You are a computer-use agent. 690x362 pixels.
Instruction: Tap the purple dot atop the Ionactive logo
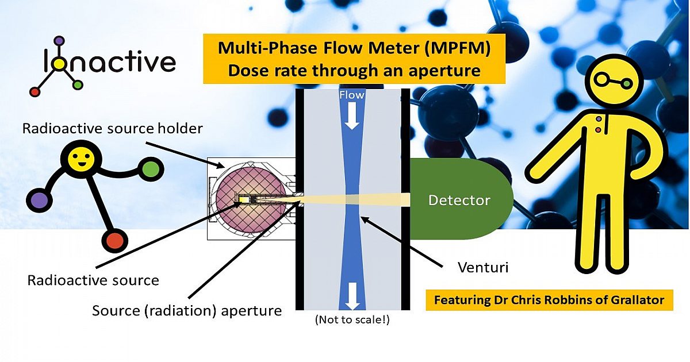59,41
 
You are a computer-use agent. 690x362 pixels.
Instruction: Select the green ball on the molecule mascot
151,170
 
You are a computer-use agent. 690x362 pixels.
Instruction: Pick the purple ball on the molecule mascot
39,201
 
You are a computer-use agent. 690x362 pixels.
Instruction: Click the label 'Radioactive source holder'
112,128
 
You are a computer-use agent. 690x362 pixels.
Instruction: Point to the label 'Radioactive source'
93,280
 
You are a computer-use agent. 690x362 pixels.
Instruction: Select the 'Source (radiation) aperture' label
187,311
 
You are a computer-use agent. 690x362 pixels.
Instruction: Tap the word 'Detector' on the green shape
459,201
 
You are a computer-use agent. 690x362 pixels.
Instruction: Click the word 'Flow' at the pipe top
352,95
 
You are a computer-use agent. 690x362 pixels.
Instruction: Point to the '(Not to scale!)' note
352,320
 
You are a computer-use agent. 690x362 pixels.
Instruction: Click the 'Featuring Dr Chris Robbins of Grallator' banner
549,300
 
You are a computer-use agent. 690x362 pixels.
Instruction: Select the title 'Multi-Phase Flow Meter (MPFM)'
354,48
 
